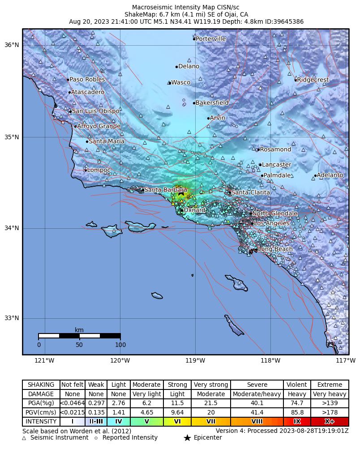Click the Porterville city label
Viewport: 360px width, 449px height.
[211, 39]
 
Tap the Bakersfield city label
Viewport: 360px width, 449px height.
[212, 103]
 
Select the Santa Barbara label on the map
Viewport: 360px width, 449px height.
[165, 190]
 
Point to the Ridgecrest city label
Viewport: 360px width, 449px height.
[313, 80]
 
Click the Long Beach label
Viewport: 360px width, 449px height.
[275, 249]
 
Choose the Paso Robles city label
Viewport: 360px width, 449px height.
[87, 80]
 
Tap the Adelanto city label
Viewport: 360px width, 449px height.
[330, 175]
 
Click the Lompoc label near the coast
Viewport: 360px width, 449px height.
[99, 170]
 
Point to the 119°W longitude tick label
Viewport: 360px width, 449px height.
[195, 360]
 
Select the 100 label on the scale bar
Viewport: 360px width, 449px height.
[120, 345]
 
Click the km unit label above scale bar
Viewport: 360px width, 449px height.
[79, 330]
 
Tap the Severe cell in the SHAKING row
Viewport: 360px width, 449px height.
[257, 385]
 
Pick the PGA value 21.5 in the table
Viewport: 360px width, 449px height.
[211, 403]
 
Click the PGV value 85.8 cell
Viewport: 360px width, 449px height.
[297, 413]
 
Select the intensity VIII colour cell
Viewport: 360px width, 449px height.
[257, 422]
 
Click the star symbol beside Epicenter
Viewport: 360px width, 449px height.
[188, 438]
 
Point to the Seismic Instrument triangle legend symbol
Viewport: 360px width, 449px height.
[24, 438]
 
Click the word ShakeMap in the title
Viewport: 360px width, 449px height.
[138, 14]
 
